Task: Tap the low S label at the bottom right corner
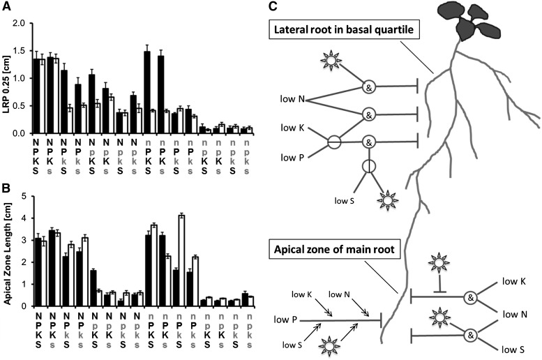[512, 347]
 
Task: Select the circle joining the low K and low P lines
[334, 142]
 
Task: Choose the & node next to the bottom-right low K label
[471, 297]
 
